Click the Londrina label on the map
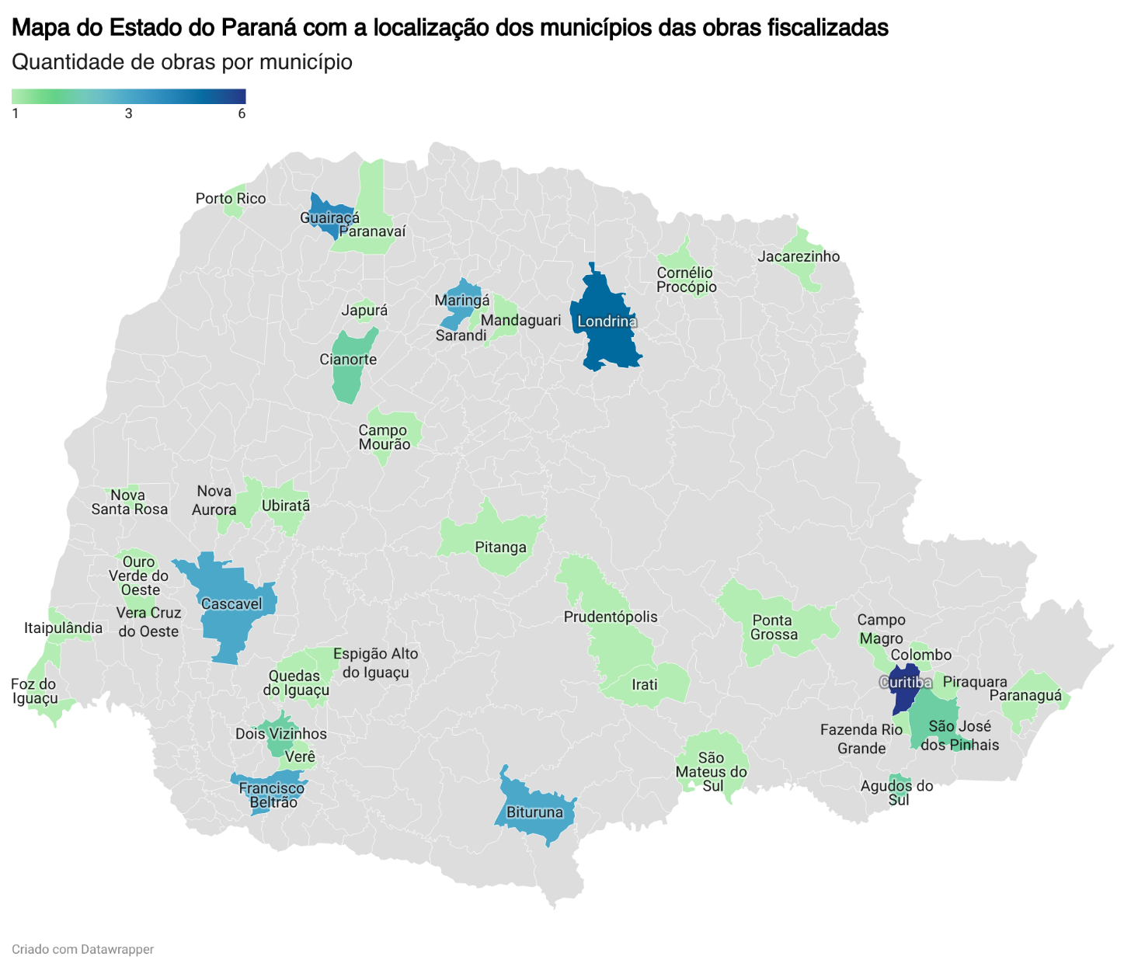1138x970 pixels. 607,322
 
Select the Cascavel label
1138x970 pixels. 231,603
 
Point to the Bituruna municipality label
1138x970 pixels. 534,812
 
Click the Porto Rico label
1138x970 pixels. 231,199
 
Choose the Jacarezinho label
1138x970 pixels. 799,256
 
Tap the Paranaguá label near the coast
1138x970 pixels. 1025,695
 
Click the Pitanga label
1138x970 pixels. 500,548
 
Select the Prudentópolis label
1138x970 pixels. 611,617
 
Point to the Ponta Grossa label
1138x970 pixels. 774,628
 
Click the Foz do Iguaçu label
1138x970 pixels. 34,691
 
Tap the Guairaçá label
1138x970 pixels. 329,217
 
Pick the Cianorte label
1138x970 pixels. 348,360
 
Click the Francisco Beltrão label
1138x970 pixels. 272,795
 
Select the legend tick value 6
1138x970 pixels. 242,113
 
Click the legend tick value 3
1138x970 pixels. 128,113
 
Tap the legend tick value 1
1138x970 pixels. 16,113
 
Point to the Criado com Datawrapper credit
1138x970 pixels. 82,949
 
